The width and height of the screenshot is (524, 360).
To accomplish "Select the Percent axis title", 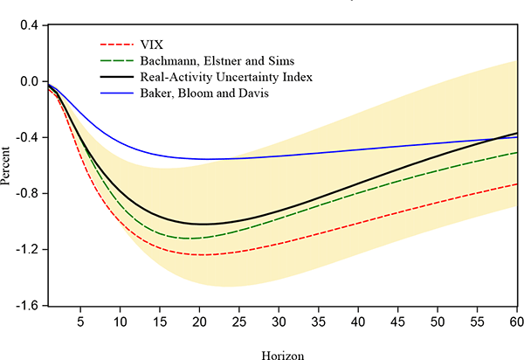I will tap(8, 165).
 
